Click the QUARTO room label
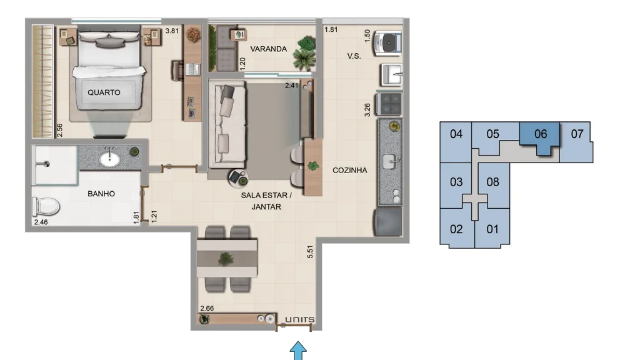coord(104,92)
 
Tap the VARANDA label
coord(268,49)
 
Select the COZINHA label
coord(350,170)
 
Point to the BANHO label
coord(101,194)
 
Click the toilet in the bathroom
coord(46,206)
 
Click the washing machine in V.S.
coord(387,42)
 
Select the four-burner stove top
coord(389,104)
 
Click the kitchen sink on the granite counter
coord(390,162)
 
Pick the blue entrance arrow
coord(298,351)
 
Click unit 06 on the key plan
coord(540,137)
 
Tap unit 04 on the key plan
coord(456,141)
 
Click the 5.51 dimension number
coord(310,252)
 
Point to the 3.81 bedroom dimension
coord(172,31)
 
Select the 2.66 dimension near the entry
coord(207,309)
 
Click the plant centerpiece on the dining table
coord(226,259)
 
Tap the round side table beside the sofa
coord(238,178)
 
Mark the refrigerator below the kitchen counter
coord(387,222)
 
